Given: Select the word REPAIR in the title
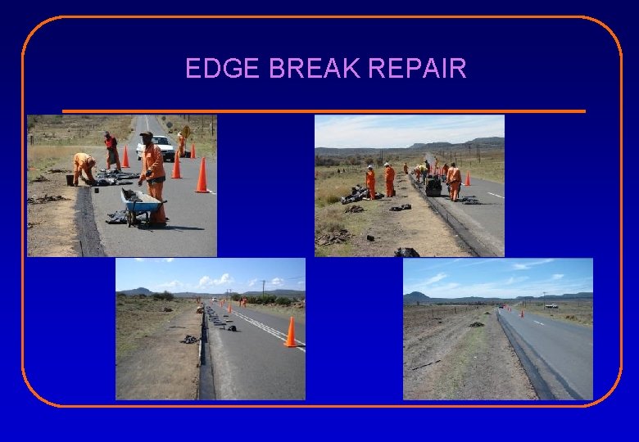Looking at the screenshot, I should [x=418, y=69].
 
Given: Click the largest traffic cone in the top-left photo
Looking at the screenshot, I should [x=202, y=175].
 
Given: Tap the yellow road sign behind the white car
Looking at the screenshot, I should [x=186, y=131].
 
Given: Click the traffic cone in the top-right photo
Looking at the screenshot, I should [x=468, y=178].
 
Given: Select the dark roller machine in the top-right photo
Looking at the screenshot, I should [x=433, y=186].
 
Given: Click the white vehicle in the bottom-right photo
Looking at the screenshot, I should [x=551, y=305].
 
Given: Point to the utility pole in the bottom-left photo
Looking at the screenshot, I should [x=263, y=287].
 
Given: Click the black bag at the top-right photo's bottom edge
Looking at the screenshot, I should [x=406, y=252].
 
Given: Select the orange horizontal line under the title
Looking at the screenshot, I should [x=324, y=111].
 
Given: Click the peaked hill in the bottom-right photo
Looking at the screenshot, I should [x=417, y=295].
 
